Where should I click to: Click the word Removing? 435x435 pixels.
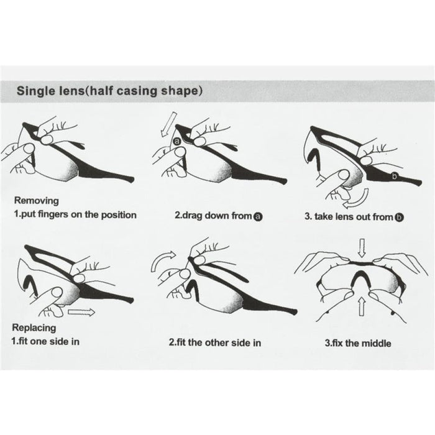[x=36, y=201]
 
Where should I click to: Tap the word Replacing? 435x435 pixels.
[x=34, y=327]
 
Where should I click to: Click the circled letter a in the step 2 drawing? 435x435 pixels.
[x=176, y=142]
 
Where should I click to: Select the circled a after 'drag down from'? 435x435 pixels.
[x=258, y=216]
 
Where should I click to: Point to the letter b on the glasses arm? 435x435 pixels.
[x=394, y=176]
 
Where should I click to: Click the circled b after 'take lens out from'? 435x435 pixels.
[x=399, y=217]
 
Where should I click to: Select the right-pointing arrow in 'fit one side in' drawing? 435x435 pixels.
[x=81, y=312]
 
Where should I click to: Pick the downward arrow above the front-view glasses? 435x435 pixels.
[x=362, y=248]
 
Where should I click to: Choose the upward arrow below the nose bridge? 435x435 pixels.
[x=362, y=306]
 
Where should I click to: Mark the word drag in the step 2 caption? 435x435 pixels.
[x=192, y=216]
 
